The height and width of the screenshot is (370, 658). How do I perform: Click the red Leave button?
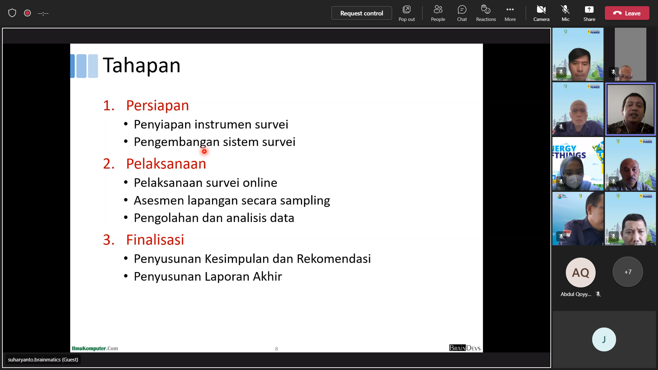tap(627, 13)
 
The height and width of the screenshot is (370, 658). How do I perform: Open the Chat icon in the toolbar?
tap(462, 10)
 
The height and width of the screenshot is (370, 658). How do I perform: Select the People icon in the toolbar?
tap(438, 10)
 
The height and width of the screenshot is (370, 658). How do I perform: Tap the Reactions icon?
tap(486, 10)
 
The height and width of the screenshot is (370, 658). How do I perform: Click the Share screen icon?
tap(589, 10)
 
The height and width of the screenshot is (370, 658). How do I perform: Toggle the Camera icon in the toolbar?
tap(541, 10)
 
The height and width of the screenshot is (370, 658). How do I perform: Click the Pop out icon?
tap(406, 10)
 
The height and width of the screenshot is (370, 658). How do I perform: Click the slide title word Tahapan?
tap(142, 65)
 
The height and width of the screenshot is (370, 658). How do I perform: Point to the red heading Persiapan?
tap(157, 106)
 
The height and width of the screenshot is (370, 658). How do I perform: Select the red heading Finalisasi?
tap(155, 240)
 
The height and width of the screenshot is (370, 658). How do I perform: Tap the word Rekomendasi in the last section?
tap(334, 259)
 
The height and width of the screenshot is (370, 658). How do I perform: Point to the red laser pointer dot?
tap(204, 151)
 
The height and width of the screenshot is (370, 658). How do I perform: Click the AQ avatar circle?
tap(581, 272)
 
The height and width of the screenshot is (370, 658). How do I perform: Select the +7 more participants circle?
tap(628, 272)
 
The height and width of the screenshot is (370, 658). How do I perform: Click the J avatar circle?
tap(604, 340)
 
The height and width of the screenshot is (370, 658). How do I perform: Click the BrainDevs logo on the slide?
tap(465, 348)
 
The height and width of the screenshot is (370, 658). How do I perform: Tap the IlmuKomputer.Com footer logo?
tap(95, 348)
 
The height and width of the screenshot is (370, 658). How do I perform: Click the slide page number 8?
tap(277, 349)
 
